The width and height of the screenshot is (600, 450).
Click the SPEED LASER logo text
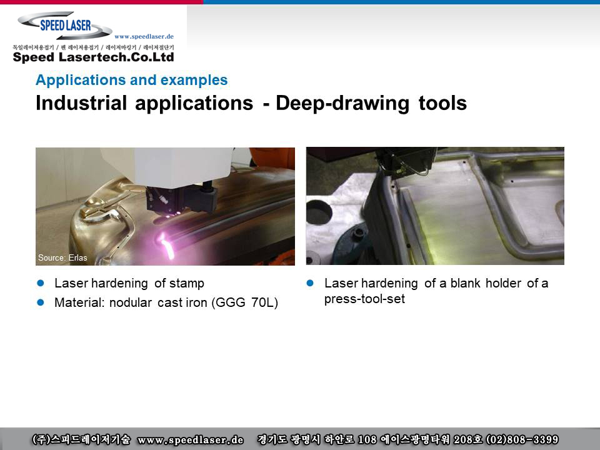tap(66, 25)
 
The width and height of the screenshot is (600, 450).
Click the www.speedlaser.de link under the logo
tap(144, 37)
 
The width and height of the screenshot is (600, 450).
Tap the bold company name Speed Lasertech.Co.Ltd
tap(93, 57)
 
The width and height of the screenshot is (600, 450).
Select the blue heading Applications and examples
tap(132, 80)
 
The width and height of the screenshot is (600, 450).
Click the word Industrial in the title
tap(81, 103)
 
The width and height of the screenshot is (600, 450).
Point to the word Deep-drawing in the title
tap(342, 103)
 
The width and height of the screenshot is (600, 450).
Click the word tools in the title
tap(442, 103)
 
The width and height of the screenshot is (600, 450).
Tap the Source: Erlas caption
tap(62, 257)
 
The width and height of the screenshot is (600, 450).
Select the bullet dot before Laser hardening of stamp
tap(41, 283)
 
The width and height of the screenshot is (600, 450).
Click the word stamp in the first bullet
tap(187, 284)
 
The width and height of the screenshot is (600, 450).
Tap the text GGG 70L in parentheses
tap(245, 302)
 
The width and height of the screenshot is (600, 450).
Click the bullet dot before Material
tap(41, 302)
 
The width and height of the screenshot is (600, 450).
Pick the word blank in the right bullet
tap(465, 283)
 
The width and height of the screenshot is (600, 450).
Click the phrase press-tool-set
tap(364, 299)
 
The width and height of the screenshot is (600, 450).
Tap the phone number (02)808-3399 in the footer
tap(522, 439)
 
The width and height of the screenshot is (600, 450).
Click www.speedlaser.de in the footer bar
tap(191, 440)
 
